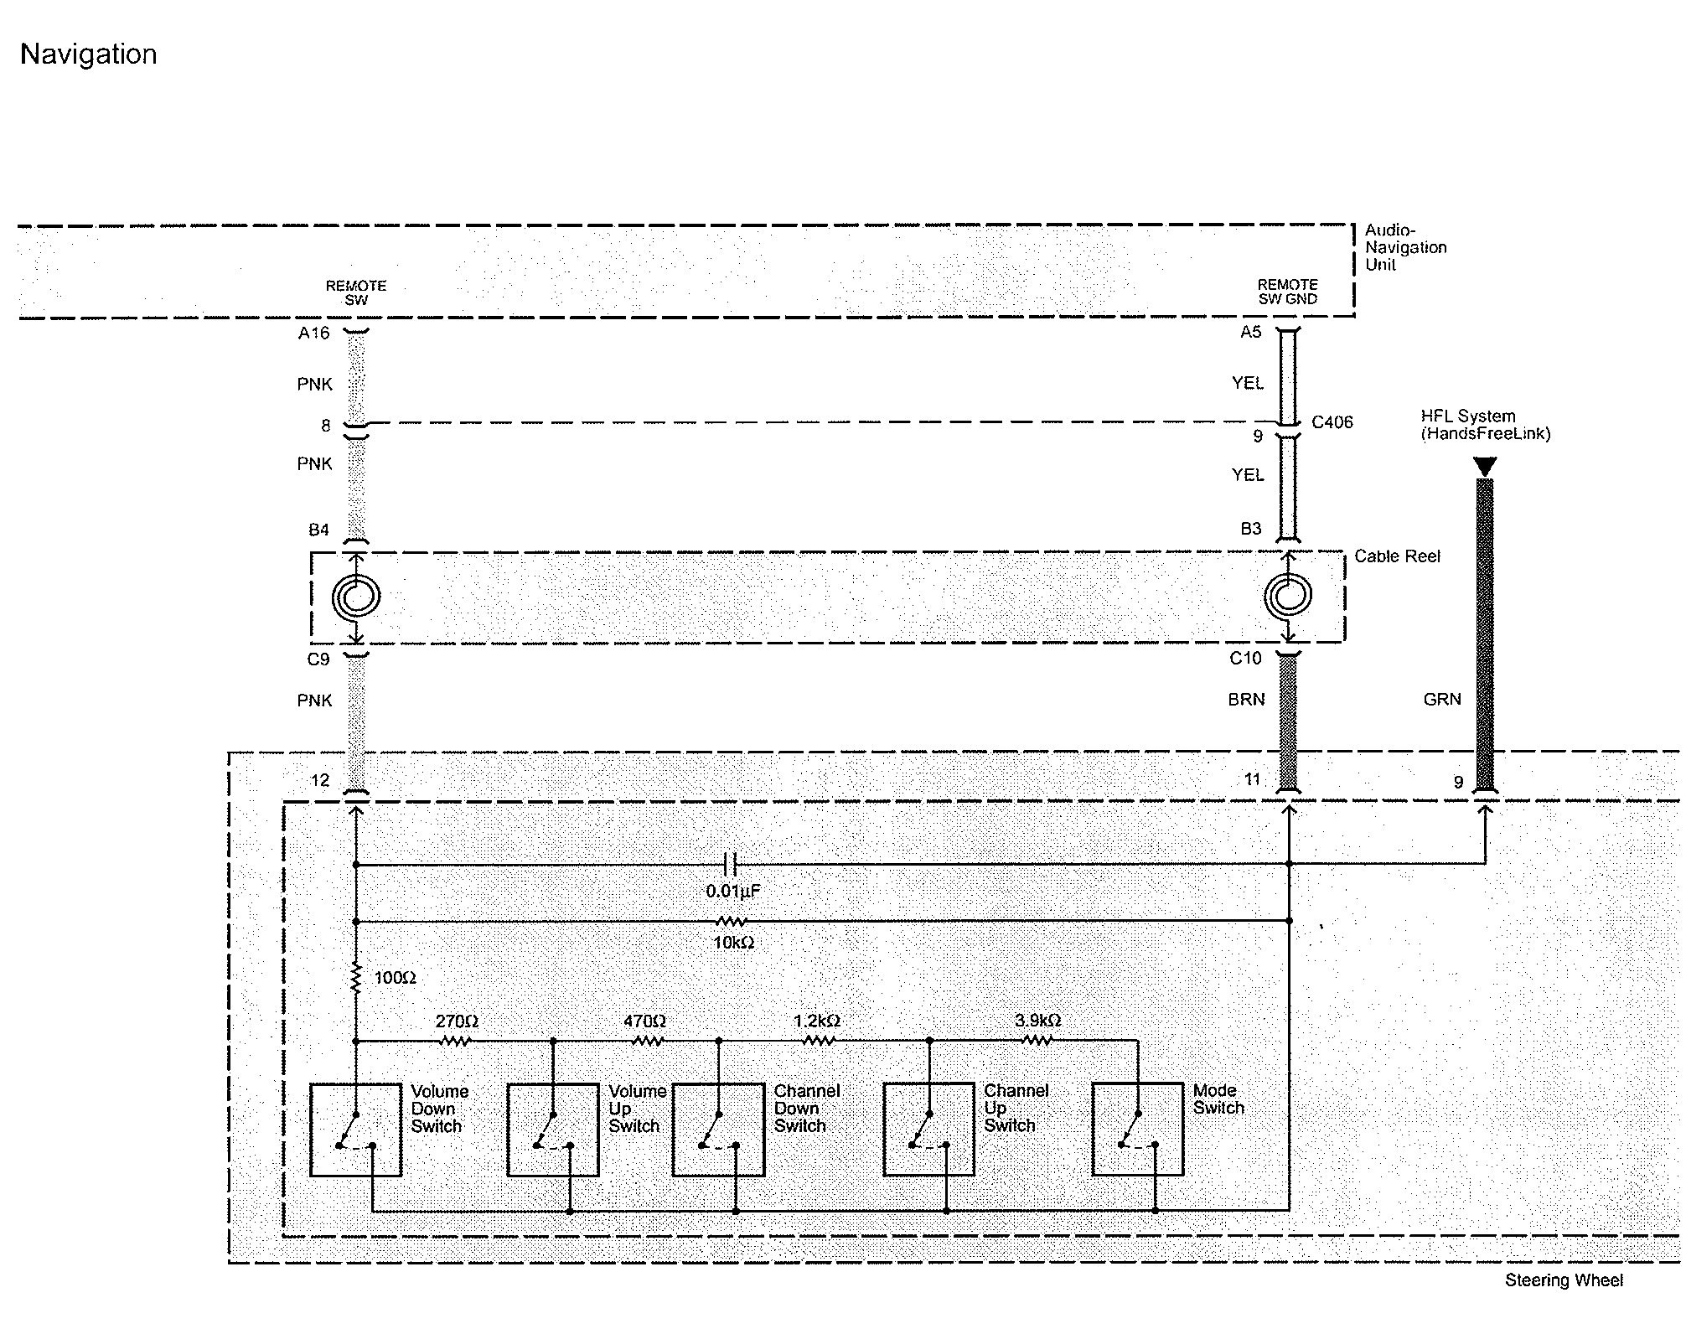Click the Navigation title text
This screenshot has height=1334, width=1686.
pos(88,54)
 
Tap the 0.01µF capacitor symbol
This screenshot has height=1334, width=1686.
pos(730,863)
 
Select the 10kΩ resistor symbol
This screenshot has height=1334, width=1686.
pos(732,922)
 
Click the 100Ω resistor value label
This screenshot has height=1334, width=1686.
pos(395,978)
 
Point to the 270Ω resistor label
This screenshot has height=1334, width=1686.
pos(457,1021)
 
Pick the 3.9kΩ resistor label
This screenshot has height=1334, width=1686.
pos(1037,1021)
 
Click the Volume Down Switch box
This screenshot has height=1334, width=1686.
pos(355,1130)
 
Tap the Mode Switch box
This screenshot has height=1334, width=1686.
pos(1138,1130)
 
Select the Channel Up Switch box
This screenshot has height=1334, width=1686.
pos(929,1130)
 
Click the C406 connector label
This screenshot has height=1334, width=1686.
pos(1332,422)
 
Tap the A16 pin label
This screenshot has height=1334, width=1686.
pos(313,333)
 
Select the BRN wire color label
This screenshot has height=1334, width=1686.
pos(1246,700)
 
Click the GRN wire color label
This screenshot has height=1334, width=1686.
pos(1442,700)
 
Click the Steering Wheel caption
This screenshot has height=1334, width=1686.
pos(1564,1280)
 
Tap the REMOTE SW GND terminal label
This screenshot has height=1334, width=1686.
pos(1288,292)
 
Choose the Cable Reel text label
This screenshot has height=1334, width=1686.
pos(1397,556)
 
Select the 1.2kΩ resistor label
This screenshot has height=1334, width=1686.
pos(817,1021)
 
